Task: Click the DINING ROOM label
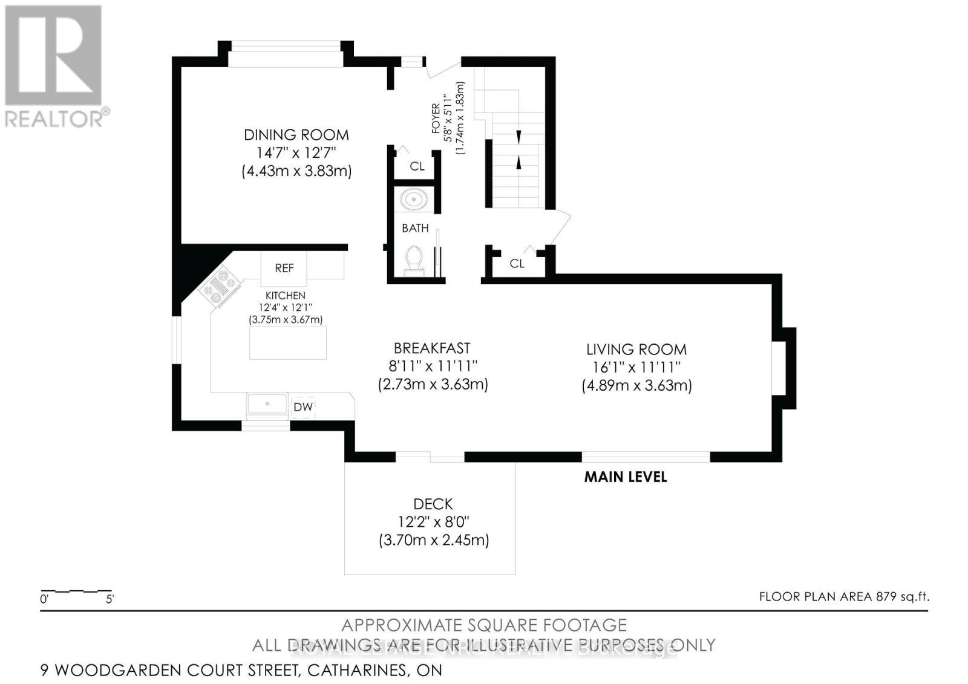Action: click(296, 135)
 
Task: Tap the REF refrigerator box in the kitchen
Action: click(284, 268)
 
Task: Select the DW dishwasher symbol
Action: click(303, 407)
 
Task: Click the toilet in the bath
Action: click(414, 259)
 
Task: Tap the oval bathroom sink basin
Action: click(414, 199)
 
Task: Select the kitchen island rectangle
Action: click(288, 343)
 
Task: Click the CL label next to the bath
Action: click(417, 166)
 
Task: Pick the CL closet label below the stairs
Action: click(517, 263)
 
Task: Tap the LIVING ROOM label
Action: click(636, 349)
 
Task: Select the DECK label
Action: click(433, 504)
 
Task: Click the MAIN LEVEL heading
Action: click(625, 477)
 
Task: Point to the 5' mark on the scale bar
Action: click(110, 599)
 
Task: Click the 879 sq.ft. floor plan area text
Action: click(901, 596)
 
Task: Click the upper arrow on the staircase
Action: click(518, 137)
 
